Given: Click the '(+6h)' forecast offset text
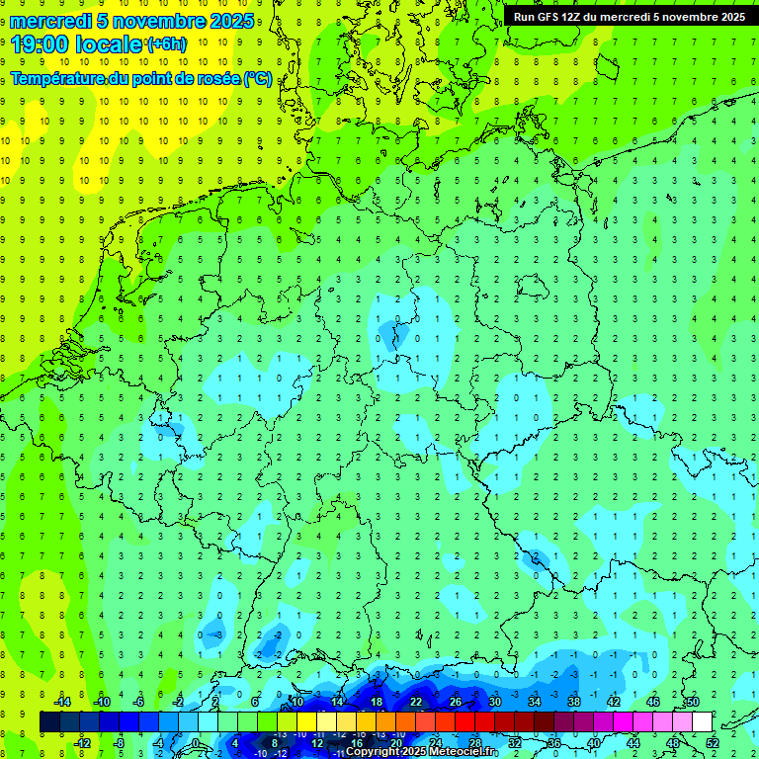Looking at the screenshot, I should coord(166,44).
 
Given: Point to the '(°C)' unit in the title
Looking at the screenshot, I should coord(259,79).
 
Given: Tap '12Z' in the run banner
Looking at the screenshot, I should coord(580,17).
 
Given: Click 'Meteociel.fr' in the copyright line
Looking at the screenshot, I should coord(464,751).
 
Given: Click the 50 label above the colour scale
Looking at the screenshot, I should coord(692,702).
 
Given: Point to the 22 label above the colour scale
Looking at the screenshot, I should coord(415,702).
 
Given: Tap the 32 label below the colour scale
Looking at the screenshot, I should coord(514,742).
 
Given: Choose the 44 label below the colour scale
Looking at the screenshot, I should coord(632,742).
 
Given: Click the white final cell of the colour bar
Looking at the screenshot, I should coord(702,721).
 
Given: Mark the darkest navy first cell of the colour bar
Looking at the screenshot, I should coord(49,721).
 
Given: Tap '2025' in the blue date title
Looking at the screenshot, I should coord(231,20).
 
